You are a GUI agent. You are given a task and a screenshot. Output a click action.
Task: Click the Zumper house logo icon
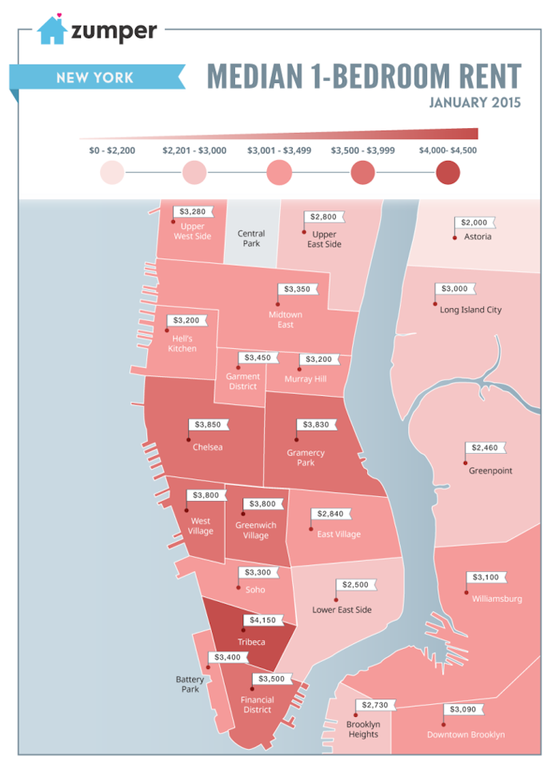pyautogui.click(x=52, y=30)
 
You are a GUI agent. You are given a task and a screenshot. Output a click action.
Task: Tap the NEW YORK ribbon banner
pyautogui.click(x=95, y=78)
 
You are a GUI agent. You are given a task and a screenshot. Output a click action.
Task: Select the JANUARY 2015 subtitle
pyautogui.click(x=474, y=102)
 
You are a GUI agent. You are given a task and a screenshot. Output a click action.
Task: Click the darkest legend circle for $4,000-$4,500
pyautogui.click(x=448, y=173)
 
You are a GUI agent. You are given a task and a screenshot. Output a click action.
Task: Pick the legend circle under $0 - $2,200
pyautogui.click(x=112, y=173)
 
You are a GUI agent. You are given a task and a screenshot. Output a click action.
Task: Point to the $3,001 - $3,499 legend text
pyautogui.click(x=279, y=150)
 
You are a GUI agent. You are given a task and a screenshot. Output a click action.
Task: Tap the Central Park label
pyautogui.click(x=251, y=238)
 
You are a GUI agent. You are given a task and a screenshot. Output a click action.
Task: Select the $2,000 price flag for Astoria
pyautogui.click(x=474, y=222)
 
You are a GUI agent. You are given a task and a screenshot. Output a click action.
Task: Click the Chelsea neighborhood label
pyautogui.click(x=207, y=447)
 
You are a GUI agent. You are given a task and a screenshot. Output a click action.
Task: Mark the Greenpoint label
pyautogui.click(x=490, y=471)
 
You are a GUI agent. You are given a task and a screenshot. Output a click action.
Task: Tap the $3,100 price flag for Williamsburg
pyautogui.click(x=486, y=577)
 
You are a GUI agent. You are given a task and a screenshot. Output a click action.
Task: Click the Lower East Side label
pyautogui.click(x=342, y=609)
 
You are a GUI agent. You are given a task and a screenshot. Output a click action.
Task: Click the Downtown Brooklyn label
pyautogui.click(x=466, y=734)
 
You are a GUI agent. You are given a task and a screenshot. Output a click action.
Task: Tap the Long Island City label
pyautogui.click(x=470, y=310)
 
